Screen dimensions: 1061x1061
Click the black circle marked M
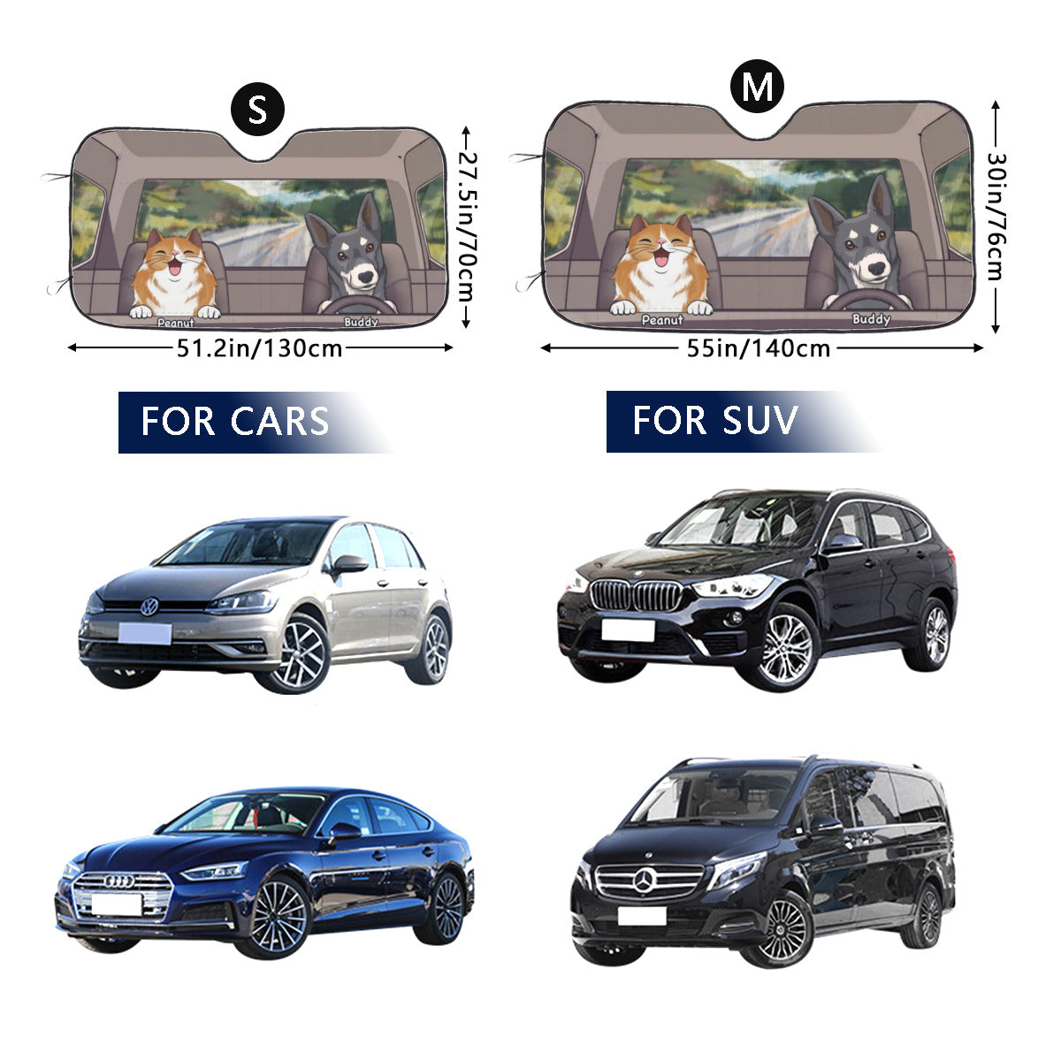tap(757, 87)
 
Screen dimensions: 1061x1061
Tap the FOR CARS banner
tap(235, 422)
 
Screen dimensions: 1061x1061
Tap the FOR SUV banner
tap(714, 421)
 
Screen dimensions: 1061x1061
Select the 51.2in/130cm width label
tap(260, 347)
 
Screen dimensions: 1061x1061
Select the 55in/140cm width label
tap(759, 347)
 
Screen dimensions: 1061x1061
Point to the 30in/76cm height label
tap(996, 217)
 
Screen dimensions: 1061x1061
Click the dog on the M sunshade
tap(857, 242)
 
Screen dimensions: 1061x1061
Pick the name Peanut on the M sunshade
tap(662, 320)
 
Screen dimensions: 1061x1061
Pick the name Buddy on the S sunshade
tap(361, 322)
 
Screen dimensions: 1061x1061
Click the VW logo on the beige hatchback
tap(149, 607)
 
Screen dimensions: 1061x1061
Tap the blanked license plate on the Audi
tap(117, 904)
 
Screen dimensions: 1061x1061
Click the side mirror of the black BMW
tap(841, 543)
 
